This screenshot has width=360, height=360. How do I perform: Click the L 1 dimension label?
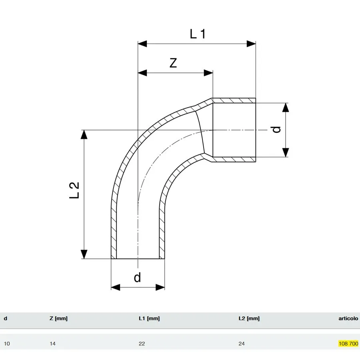click(x=198, y=34)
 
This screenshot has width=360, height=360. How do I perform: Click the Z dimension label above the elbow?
click(x=173, y=63)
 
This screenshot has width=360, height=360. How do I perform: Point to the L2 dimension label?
click(x=74, y=190)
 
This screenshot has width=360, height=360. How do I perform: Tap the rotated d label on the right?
click(x=276, y=130)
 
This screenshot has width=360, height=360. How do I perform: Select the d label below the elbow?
click(x=137, y=278)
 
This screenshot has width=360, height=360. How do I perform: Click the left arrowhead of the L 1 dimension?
click(x=142, y=44)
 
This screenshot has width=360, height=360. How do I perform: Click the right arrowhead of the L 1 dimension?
click(x=251, y=44)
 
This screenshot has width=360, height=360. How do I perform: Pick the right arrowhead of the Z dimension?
click(x=208, y=73)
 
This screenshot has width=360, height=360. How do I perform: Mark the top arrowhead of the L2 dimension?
click(x=84, y=134)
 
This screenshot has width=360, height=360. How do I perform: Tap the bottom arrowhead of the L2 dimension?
click(x=84, y=254)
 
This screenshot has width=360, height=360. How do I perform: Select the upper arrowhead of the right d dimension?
click(x=285, y=108)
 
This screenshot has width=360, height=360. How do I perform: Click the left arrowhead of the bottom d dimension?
click(x=116, y=287)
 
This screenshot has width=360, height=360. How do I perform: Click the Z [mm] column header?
click(x=58, y=318)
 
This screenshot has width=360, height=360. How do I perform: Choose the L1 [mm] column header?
click(x=149, y=318)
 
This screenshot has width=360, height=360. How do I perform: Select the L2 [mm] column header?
click(x=249, y=318)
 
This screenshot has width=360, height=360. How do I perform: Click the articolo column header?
click(x=348, y=318)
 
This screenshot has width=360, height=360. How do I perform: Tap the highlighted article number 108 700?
click(x=348, y=344)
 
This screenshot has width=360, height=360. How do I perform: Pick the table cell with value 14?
click(x=52, y=344)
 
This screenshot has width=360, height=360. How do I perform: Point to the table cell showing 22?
click(x=142, y=344)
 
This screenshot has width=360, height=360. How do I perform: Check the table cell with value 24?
click(x=242, y=344)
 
